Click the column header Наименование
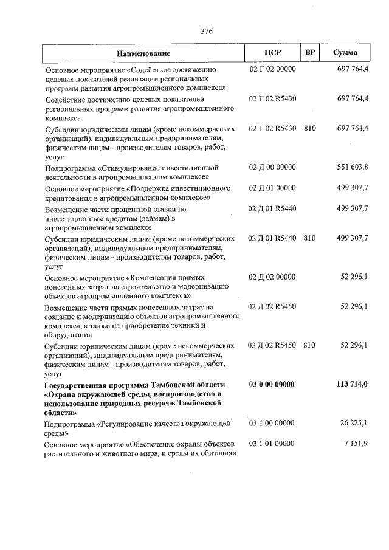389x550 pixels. tap(143, 53)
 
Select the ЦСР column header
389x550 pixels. tap(272, 53)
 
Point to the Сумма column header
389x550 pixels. tap(345, 53)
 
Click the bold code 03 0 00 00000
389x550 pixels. tap(272, 385)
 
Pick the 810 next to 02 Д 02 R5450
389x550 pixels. tap(309, 345)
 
